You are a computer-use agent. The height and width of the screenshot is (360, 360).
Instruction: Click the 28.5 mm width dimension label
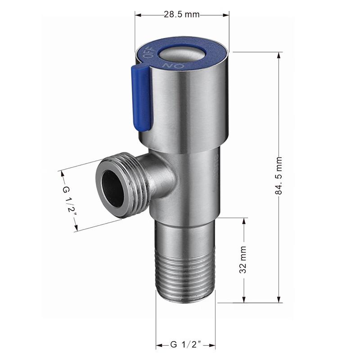click(x=181, y=14)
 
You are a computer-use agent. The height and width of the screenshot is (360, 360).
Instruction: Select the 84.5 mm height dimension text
click(x=279, y=175)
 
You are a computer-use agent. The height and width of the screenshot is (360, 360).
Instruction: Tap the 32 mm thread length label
click(x=243, y=262)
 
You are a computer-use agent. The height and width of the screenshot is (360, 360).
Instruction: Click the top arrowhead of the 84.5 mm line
click(x=279, y=55)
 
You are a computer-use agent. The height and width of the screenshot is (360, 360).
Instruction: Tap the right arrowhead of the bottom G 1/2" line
click(x=212, y=345)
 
